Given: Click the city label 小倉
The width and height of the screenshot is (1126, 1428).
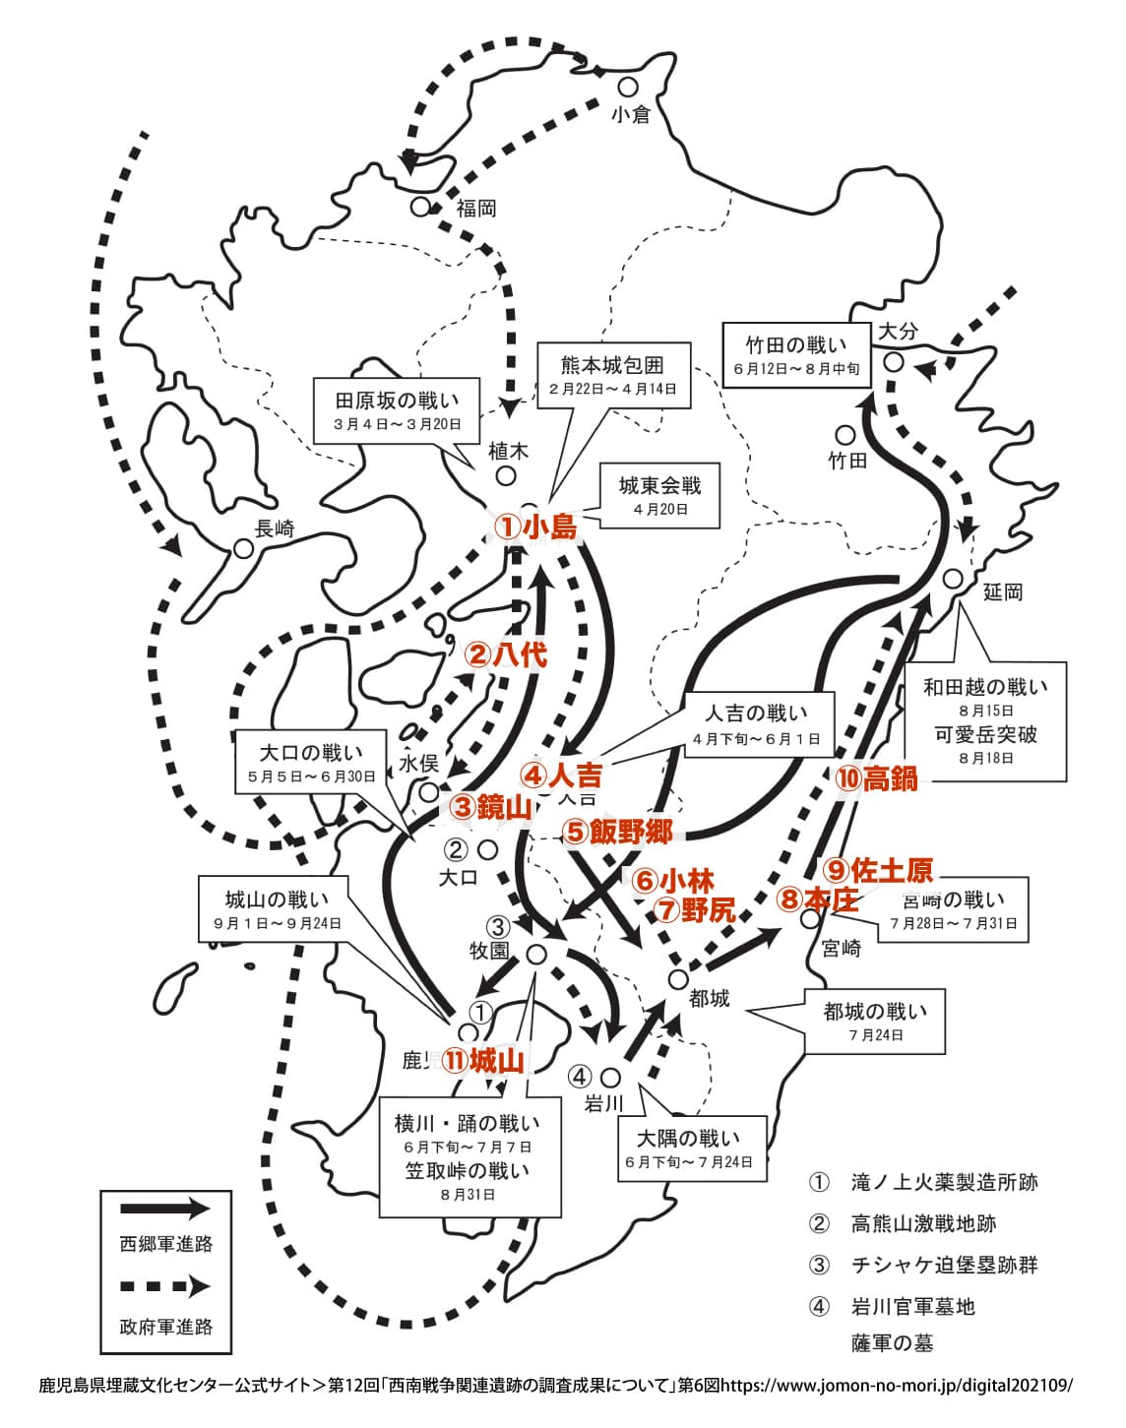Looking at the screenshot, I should coord(630,114).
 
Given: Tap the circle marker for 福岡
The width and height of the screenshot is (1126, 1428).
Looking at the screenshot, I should coord(420,207).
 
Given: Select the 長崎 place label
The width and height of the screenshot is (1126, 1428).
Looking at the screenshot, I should coord(275,528).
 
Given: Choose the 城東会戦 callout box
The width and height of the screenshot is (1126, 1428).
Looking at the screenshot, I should coord(659,495).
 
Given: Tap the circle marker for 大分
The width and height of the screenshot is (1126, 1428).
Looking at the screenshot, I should coord(893,361).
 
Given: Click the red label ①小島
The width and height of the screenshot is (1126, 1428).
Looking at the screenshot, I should coord(534,527).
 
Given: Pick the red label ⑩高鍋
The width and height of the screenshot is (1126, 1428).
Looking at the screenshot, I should coord(876,778).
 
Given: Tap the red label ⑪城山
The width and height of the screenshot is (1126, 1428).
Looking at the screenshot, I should coord(482,1060).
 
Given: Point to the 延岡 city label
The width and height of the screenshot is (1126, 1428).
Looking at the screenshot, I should coord(1003,591).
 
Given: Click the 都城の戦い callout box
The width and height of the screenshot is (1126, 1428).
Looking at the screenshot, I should coord(875,1021).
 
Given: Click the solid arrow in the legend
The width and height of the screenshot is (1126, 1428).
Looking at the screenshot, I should coord(164,1210).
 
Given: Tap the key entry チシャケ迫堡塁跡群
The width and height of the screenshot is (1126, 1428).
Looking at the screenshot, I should coord(944,1265).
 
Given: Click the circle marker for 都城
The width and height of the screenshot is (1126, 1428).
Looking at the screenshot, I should coord(677,978).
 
